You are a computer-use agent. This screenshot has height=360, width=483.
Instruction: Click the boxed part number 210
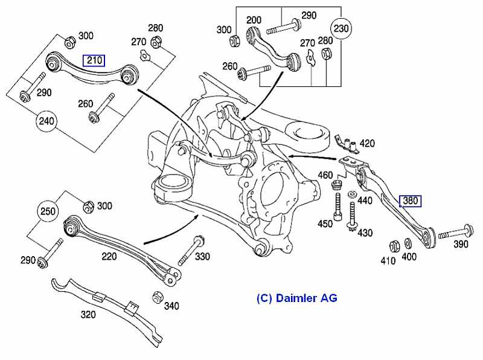[x=94, y=60]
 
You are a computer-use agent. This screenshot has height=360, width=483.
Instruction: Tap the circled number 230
[x=341, y=28]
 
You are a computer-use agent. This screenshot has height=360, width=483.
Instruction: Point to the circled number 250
[x=48, y=212]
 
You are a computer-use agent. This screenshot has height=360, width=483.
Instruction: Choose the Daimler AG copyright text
[x=296, y=298]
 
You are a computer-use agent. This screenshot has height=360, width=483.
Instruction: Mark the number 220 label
[x=109, y=256]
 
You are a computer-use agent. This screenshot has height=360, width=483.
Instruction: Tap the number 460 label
[x=325, y=176]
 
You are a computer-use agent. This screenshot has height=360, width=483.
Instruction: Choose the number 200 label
[x=254, y=20]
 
